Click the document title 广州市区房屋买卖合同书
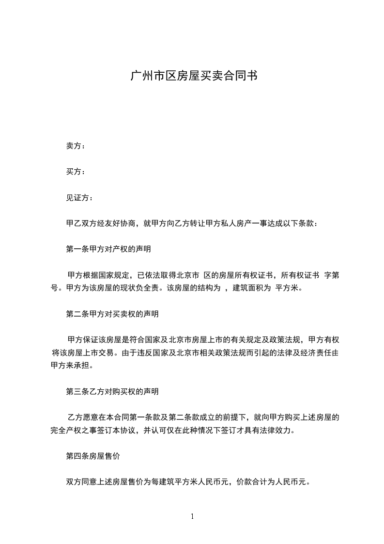[192, 76]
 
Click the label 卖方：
[76, 146]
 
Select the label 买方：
[76, 172]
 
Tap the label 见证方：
[79, 198]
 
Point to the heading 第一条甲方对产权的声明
[108, 250]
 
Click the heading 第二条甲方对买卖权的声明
[112, 314]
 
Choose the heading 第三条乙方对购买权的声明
[112, 391]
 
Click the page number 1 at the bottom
[192, 516]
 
